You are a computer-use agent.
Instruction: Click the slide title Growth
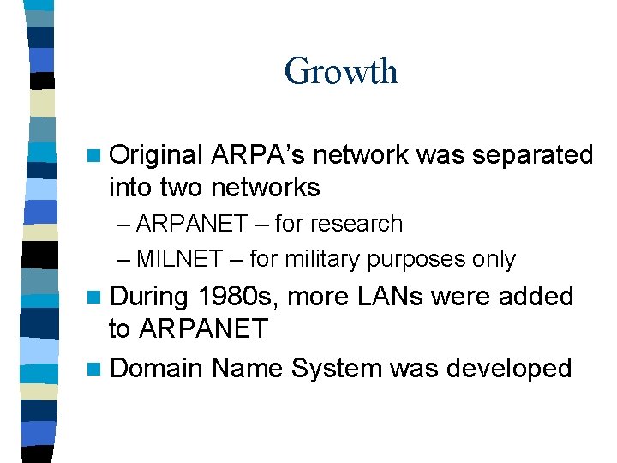coord(341,70)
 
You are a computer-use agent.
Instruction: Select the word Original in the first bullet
coord(157,155)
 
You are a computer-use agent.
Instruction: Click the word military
coord(327,259)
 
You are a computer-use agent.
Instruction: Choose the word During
coord(150,297)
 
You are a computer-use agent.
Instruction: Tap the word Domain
coord(157,369)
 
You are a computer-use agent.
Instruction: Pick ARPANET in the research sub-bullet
coord(190,224)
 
